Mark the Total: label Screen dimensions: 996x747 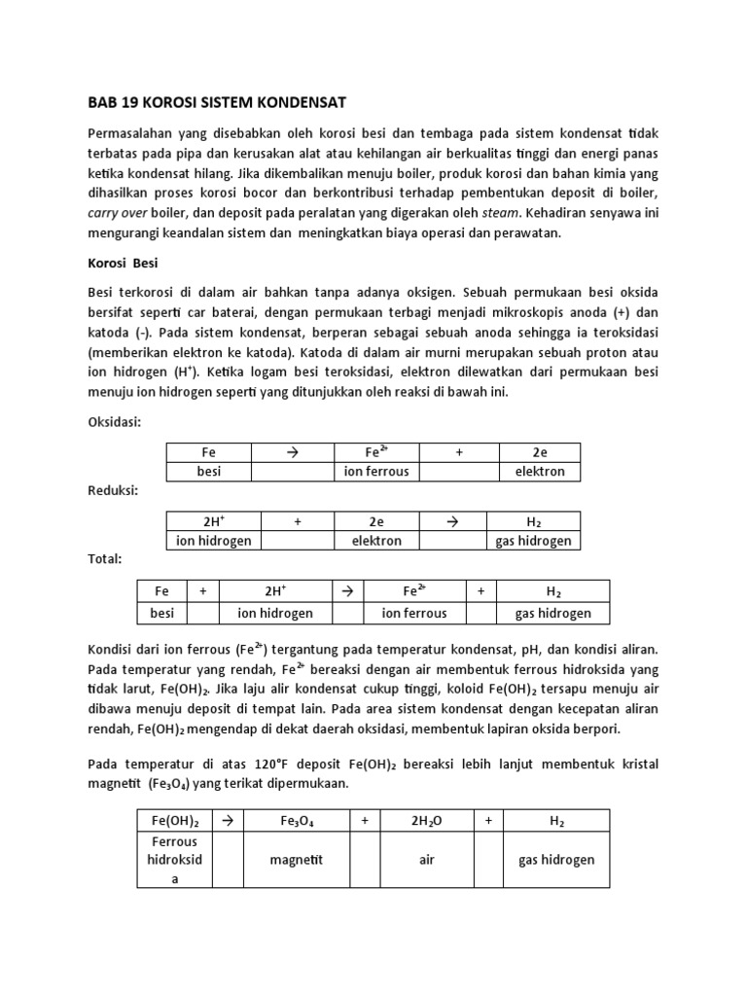pos(105,559)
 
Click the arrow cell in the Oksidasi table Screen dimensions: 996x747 pos(292,452)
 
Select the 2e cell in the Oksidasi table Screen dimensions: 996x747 pos(540,452)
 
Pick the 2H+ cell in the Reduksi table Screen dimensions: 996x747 pos(209,521)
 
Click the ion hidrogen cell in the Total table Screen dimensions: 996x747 pos(275,613)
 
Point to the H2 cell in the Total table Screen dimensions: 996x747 pos(553,591)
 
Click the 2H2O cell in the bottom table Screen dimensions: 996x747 pos(426,822)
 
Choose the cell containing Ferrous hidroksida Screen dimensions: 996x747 pos(174,860)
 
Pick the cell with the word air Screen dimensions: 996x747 pos(426,860)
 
